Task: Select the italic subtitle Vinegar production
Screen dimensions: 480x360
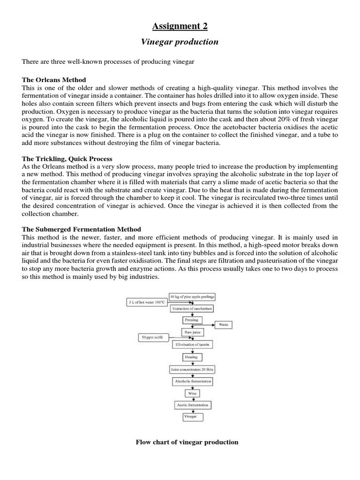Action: point(180,42)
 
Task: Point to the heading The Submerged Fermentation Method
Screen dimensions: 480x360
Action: point(82,229)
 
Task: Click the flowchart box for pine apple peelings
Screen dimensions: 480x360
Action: point(192,297)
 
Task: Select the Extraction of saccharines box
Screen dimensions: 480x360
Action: point(192,308)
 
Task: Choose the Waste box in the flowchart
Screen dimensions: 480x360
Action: point(223,325)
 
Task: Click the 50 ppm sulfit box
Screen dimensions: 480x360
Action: point(152,337)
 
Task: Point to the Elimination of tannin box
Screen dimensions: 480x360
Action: point(192,345)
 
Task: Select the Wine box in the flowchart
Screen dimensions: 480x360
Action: point(192,393)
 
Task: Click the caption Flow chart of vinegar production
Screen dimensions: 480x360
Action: point(187,442)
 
